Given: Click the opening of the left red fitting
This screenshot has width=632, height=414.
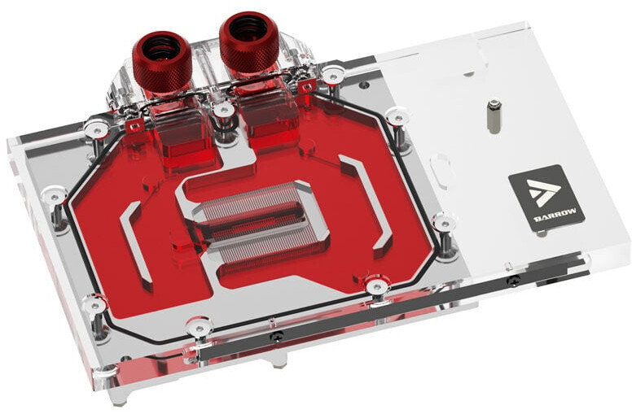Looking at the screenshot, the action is point(161,45).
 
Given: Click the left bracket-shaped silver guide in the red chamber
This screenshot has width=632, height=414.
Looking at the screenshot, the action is point(135,242).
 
